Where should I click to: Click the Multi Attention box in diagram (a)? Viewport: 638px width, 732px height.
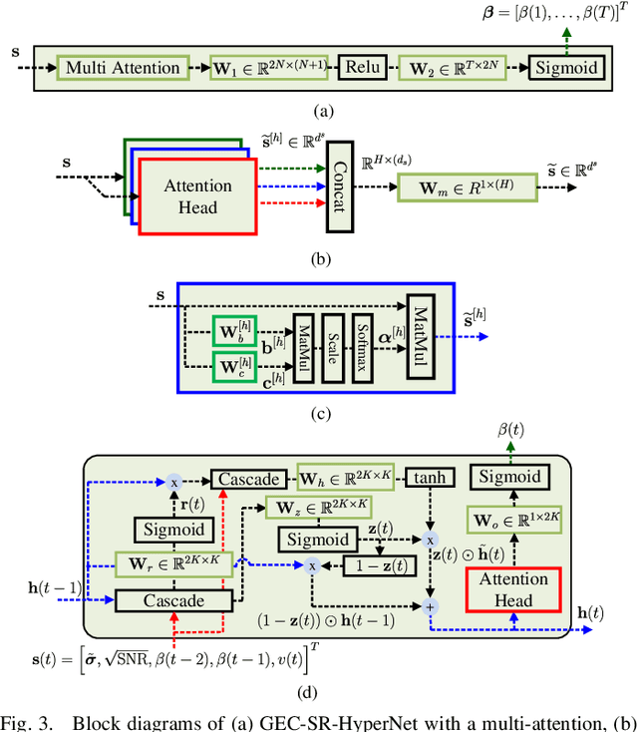(122, 68)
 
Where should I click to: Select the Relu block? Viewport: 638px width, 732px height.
(356, 68)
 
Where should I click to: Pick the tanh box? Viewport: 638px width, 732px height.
(430, 480)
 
